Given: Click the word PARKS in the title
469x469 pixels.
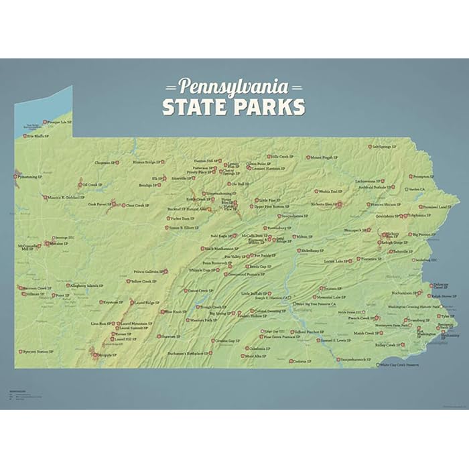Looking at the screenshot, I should [270, 107].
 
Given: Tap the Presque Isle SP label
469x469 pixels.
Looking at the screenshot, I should [59, 123].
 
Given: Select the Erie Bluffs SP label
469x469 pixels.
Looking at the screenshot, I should [38, 136].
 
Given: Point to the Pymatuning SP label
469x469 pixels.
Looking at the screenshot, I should [30, 177].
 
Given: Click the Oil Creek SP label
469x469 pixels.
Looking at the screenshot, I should [92, 185].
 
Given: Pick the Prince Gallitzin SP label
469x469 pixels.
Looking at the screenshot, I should [148, 272].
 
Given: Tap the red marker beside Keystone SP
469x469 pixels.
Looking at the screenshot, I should [102, 302].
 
